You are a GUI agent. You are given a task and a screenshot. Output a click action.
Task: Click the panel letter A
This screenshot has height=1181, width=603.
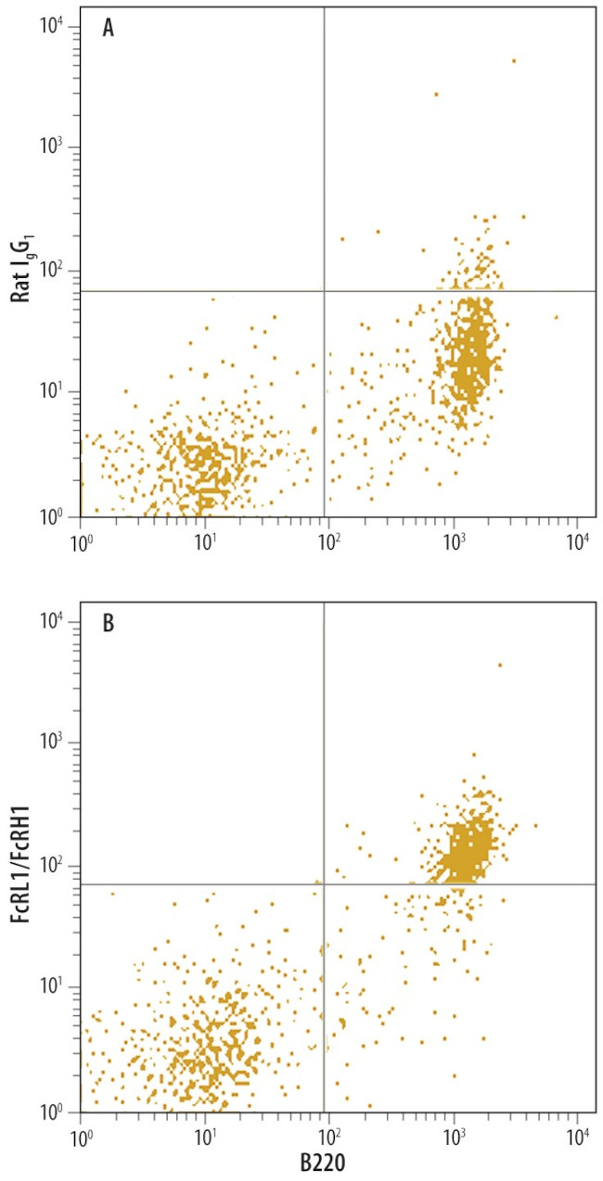(x=109, y=29)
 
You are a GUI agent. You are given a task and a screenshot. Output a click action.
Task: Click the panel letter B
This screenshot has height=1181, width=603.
(x=109, y=623)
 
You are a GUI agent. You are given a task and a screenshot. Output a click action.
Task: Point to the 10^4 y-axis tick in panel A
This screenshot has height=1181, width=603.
(x=51, y=25)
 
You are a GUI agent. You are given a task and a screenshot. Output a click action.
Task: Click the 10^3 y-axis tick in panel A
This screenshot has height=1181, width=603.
(x=51, y=146)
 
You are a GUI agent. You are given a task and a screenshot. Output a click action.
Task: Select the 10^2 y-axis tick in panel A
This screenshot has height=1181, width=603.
(x=51, y=270)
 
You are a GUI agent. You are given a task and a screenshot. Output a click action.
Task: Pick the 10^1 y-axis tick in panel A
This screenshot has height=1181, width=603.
(x=51, y=392)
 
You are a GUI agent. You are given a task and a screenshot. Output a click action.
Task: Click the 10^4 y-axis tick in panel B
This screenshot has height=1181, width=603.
(x=51, y=620)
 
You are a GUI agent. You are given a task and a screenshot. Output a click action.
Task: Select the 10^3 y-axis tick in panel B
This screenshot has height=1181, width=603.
(x=51, y=742)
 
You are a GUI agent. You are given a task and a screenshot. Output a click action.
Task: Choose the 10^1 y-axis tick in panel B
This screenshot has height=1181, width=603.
(x=51, y=987)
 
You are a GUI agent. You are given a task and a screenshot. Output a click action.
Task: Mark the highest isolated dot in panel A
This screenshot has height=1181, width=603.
(x=513, y=61)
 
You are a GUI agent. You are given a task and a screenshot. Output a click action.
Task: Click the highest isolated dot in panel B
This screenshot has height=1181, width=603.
(x=500, y=665)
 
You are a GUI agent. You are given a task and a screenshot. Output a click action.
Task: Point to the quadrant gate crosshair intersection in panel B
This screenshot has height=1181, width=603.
(x=324, y=884)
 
